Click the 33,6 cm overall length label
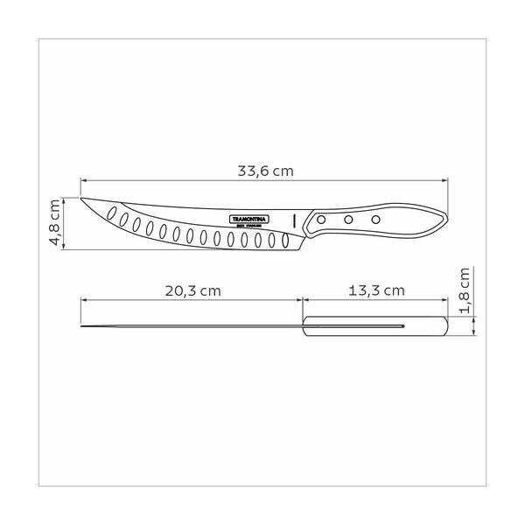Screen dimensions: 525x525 (x=264, y=171)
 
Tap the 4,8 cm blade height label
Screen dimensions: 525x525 (x=55, y=221)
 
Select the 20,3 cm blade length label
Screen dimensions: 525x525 (x=191, y=290)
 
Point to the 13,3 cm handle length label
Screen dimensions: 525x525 (x=376, y=290)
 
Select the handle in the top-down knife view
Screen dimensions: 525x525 (x=376, y=328)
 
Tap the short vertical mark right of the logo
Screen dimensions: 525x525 (x=295, y=219)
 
